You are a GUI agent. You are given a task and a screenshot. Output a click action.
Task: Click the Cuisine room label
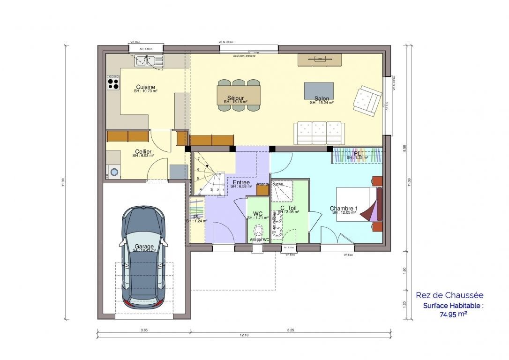pos(145,87)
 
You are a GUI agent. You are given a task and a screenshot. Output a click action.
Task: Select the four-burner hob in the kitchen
pos(113,83)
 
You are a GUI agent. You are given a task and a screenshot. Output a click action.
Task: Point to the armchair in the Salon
pos(367,100)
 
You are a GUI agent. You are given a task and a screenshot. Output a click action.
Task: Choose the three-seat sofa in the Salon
pos(319,133)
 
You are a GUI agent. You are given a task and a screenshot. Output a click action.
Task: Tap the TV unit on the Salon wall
pos(320,60)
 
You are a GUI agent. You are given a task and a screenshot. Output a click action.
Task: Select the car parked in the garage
pos(143,257)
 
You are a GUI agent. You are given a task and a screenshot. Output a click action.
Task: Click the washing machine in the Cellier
pos(113,172)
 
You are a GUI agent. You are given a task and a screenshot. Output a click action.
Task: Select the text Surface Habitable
pos(453,306)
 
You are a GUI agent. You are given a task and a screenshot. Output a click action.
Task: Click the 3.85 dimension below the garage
pos(144,330)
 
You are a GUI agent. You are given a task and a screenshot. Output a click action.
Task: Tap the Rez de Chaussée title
pos(449,295)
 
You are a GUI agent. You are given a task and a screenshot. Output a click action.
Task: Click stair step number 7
pos(199,159)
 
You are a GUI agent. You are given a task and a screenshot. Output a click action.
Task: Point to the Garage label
pos(144,246)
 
